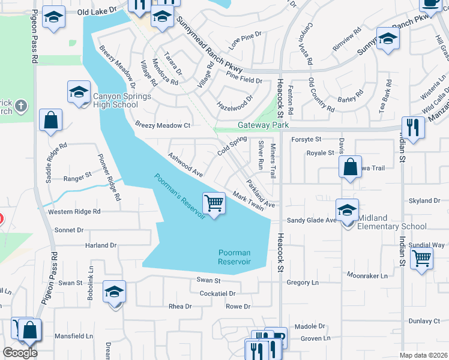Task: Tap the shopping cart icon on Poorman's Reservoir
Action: pyautogui.click(x=214, y=203)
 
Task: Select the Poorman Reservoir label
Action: pyautogui.click(x=234, y=257)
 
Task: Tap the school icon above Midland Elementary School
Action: pyautogui.click(x=347, y=211)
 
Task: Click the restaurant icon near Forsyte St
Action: pyautogui.click(x=412, y=127)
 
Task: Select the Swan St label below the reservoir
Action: pyautogui.click(x=209, y=280)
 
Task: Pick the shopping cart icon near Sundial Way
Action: pyautogui.click(x=422, y=259)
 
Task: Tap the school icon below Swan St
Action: pyautogui.click(x=114, y=292)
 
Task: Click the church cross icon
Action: pyautogui.click(x=21, y=107)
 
